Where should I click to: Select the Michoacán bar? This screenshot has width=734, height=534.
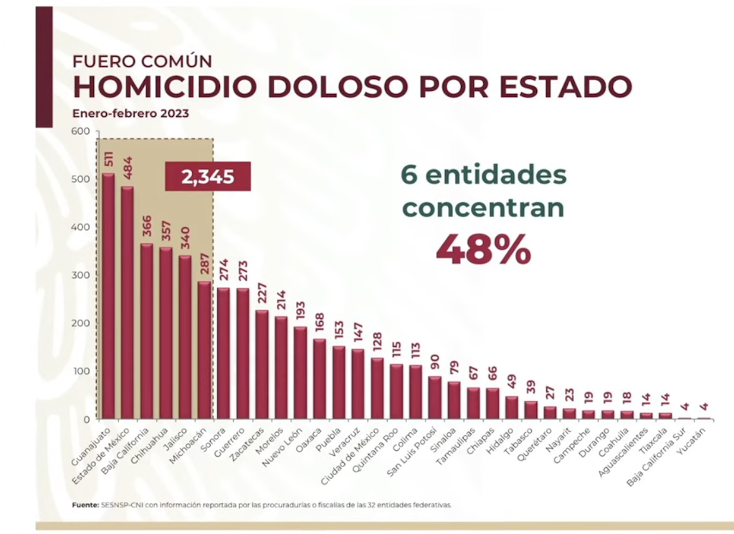pyautogui.click(x=204, y=350)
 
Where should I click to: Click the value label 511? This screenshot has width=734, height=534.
pyautogui.click(x=109, y=159)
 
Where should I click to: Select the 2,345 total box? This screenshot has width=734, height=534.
pyautogui.click(x=208, y=176)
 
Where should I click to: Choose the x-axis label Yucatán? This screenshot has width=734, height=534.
pyautogui.click(x=695, y=439)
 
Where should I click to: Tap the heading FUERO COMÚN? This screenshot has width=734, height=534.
pyautogui.click(x=142, y=61)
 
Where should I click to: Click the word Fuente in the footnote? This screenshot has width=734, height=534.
pyautogui.click(x=85, y=505)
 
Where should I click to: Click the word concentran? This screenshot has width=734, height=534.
pyautogui.click(x=482, y=207)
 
